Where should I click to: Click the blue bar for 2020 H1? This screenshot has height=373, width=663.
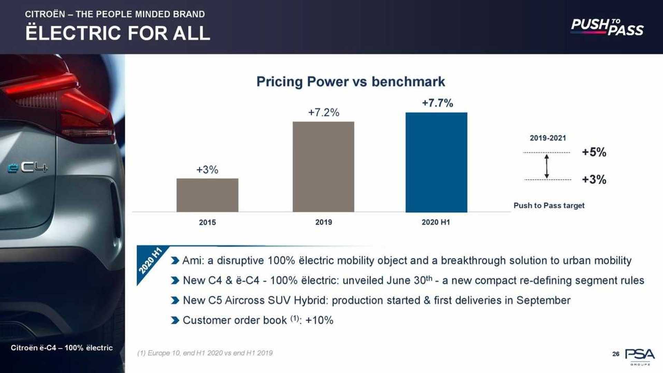pos(436,162)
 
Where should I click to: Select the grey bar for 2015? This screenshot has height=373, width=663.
pos(207,195)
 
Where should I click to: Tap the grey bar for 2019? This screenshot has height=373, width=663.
pos(323,167)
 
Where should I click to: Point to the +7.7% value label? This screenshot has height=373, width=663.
pos(437,103)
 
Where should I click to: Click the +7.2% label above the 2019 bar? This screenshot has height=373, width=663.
pos(324,112)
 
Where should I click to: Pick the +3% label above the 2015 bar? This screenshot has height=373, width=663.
pos(207,170)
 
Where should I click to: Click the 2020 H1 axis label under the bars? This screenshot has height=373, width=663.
pos(436,222)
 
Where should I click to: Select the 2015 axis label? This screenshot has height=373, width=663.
pos(207,222)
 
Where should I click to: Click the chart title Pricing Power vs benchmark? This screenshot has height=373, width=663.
pos(350,82)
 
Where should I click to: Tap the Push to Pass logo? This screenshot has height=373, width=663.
pos(607,27)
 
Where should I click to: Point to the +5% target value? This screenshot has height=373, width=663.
pos(594,152)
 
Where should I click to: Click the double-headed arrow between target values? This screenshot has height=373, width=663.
pos(547,166)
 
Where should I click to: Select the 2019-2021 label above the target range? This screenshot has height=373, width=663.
pos(548,138)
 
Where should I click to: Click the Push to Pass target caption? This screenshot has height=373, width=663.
pos(549,205)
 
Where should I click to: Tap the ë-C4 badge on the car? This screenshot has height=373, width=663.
pos(28,168)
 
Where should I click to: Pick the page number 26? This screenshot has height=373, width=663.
pos(616,354)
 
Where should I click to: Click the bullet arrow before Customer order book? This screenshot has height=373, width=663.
pos(175,320)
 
